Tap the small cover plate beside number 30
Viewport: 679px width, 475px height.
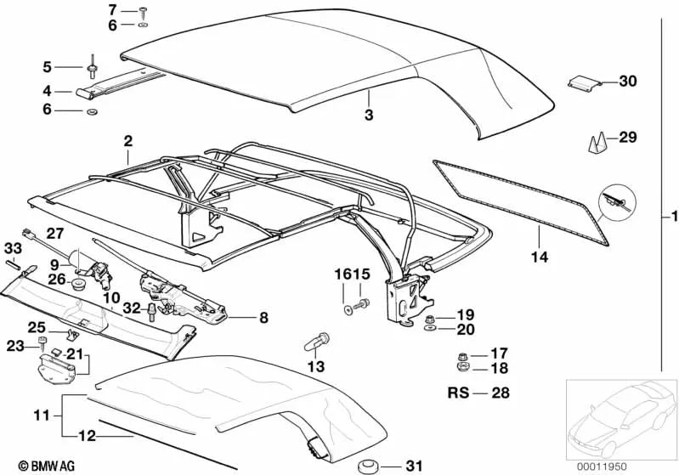[x=583, y=83]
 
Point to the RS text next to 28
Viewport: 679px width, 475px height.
[x=458, y=393]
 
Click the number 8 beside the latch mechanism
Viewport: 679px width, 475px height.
[x=263, y=319]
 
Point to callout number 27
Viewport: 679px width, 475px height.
[x=54, y=234]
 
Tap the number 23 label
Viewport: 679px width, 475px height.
[x=16, y=346]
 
